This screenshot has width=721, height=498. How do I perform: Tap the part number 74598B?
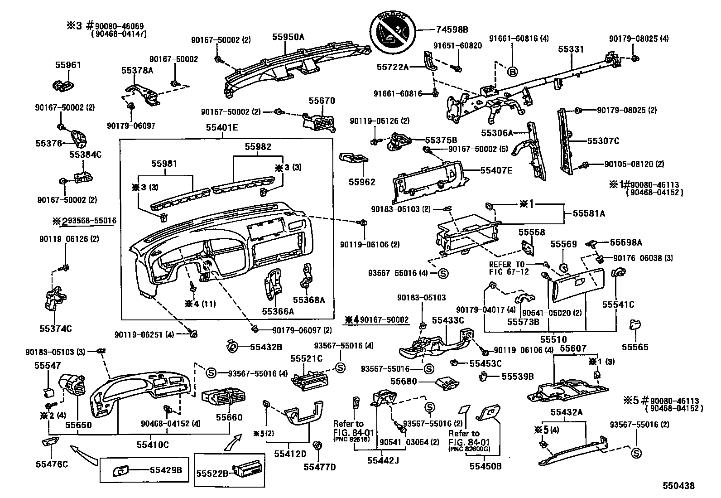pyautogui.click(x=452, y=30)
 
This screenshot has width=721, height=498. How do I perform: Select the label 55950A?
pyautogui.click(x=288, y=37)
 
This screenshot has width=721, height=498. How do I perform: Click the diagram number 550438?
pyautogui.click(x=678, y=486)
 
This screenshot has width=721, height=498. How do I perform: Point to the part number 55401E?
pyautogui.click(x=222, y=128)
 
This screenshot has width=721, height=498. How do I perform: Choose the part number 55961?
pyautogui.click(x=68, y=65)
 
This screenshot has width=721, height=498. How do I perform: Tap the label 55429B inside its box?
pyautogui.click(x=166, y=470)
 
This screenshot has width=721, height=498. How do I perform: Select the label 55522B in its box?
pyautogui.click(x=212, y=474)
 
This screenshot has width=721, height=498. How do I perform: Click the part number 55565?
pyautogui.click(x=635, y=347)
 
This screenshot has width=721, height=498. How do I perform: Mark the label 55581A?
pyautogui.click(x=589, y=213)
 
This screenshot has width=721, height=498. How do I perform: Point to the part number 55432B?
pyautogui.click(x=266, y=347)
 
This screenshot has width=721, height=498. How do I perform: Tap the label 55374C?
pyautogui.click(x=53, y=329)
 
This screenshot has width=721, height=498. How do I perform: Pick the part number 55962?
pyautogui.click(x=362, y=182)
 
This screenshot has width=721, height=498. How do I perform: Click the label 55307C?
pyautogui.click(x=603, y=141)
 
